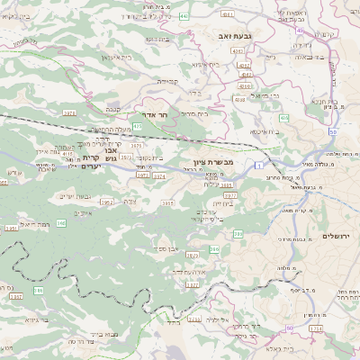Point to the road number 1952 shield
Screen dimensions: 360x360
point(108,202)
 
